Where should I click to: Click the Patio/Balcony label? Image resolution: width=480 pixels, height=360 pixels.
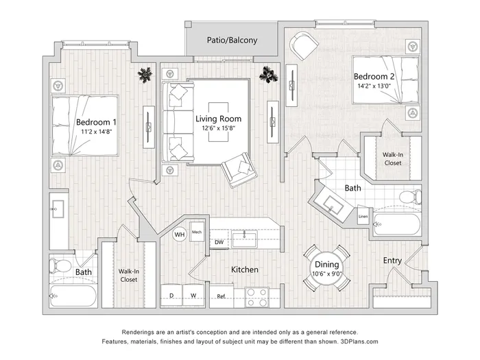click(232, 40)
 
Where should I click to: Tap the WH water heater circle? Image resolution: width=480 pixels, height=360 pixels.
click(180, 235)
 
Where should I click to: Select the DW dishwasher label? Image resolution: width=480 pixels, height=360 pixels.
click(219, 242)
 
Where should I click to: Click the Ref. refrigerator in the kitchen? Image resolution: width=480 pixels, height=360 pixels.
click(221, 296)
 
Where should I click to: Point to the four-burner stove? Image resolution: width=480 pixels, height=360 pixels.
click(257, 298)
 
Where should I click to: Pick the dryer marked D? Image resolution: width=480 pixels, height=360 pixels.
click(171, 296)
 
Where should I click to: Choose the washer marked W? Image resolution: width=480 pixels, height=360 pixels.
click(193, 296)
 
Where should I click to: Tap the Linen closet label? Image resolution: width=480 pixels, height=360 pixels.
click(363, 217)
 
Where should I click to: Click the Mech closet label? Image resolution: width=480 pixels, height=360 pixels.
click(197, 232)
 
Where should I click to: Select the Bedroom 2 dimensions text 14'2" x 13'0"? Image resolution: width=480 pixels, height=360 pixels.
click(374, 86)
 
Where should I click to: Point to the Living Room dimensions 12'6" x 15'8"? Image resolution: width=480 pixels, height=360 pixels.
click(218, 128)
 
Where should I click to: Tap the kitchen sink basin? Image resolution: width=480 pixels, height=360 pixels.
click(244, 239)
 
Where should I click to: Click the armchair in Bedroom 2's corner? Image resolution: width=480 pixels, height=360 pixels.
click(303, 45)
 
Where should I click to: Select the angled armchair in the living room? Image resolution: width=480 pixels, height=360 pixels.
click(239, 170)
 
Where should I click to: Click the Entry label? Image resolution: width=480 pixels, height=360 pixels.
click(392, 261)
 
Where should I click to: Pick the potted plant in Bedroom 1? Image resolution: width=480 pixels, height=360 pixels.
click(145, 74)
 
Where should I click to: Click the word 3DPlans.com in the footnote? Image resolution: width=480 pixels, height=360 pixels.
click(359, 341)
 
